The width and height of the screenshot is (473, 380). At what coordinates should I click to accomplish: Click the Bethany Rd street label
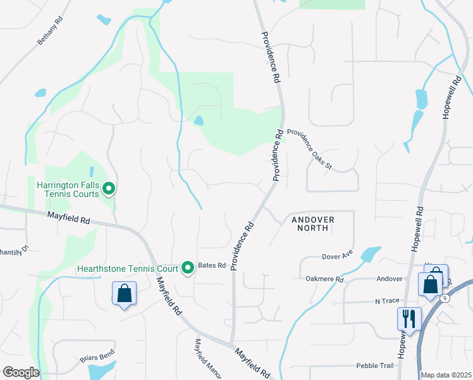point(51,30)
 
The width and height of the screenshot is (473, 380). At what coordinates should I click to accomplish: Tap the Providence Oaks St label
point(309,149)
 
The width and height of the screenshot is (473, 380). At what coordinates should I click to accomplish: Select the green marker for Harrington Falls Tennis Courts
point(109,188)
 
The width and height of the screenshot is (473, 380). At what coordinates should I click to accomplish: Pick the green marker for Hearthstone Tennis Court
point(187,269)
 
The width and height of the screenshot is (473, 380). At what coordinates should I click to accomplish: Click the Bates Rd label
point(212,265)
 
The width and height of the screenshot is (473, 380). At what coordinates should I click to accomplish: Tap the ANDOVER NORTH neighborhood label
point(312,224)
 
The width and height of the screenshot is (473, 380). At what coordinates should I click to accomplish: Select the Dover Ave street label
point(338,256)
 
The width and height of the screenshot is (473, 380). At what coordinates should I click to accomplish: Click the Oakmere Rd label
point(324,279)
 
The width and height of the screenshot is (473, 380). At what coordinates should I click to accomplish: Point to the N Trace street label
point(388,301)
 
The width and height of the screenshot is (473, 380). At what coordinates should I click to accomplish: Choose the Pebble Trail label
point(375,365)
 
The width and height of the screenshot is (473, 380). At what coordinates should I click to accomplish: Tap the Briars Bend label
point(97,356)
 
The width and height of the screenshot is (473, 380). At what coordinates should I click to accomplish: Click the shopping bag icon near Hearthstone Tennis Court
point(124,294)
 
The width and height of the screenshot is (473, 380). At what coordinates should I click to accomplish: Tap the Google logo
point(20,372)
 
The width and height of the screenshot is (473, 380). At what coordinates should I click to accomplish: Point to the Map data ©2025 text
point(446,375)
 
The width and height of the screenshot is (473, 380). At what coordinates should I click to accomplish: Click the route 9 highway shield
point(446,297)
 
